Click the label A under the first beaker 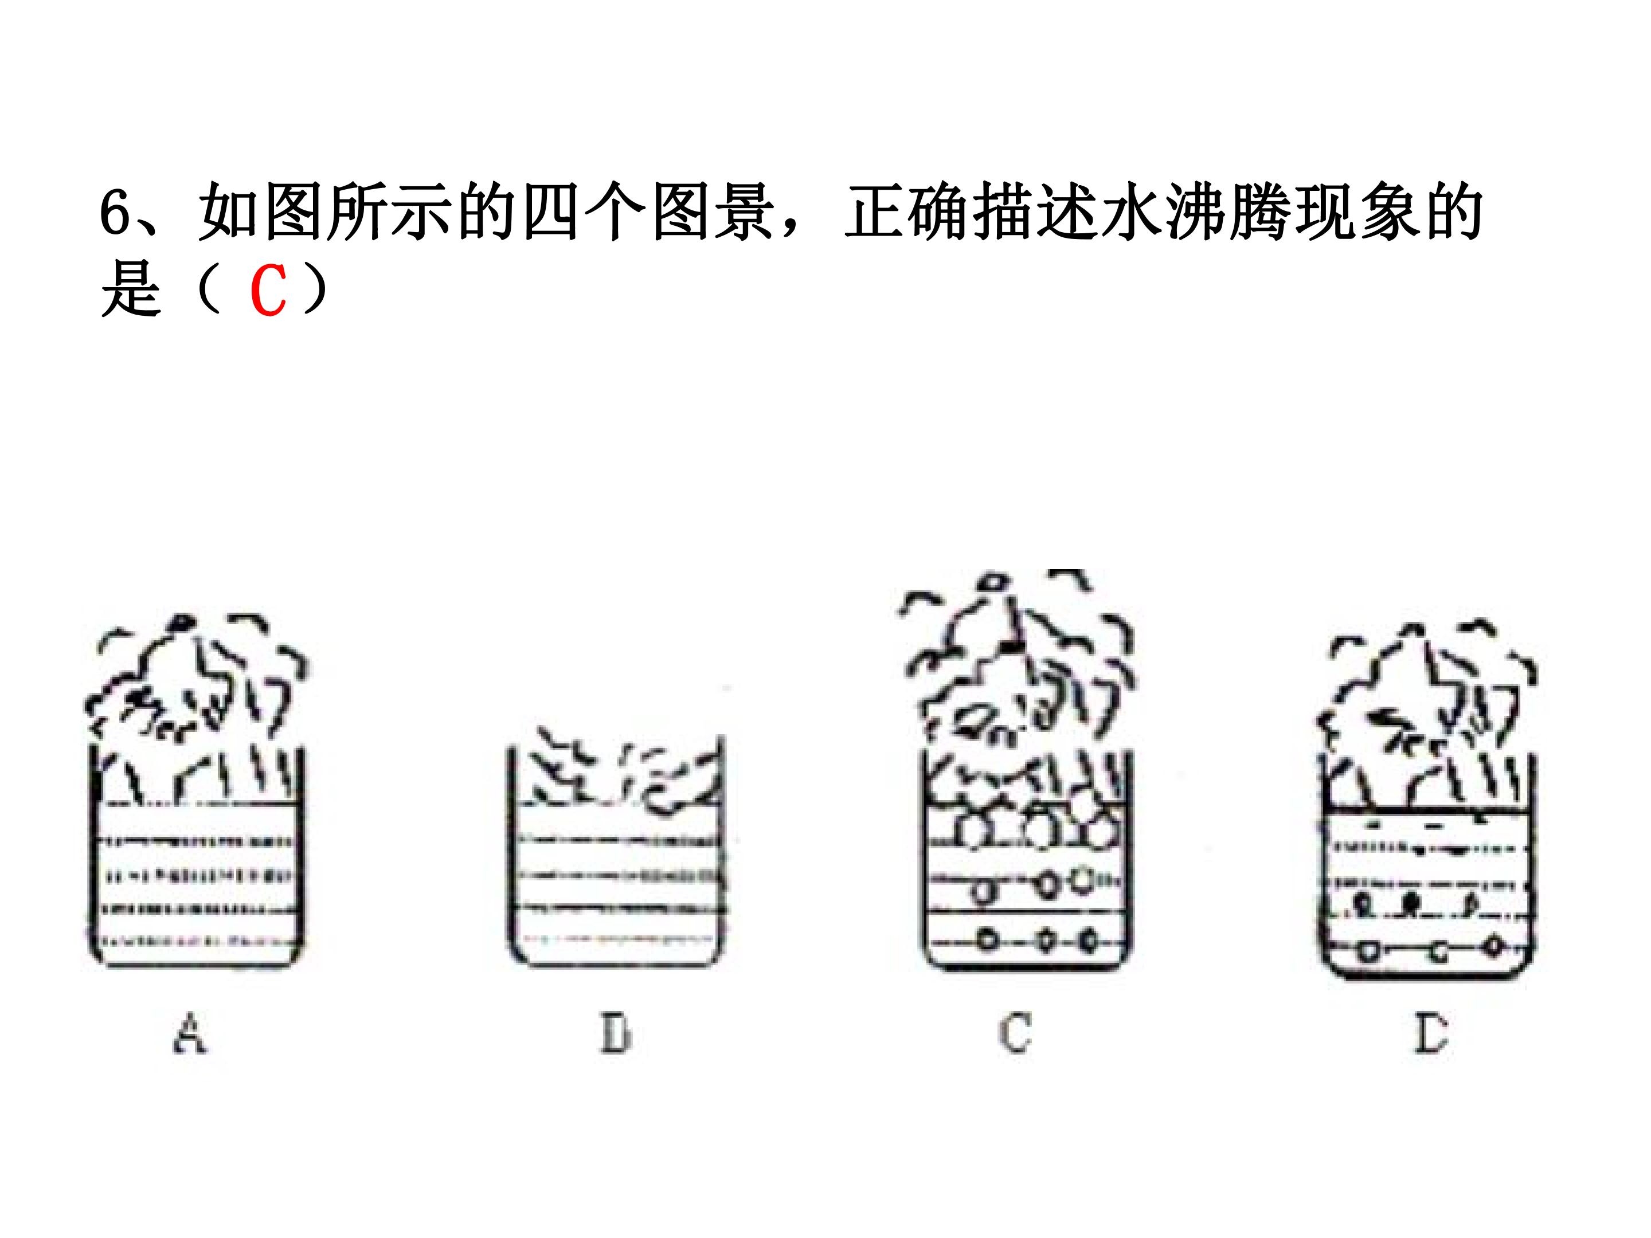click(x=190, y=1033)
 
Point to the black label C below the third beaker click(x=1015, y=1033)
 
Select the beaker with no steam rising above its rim click(x=616, y=851)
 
